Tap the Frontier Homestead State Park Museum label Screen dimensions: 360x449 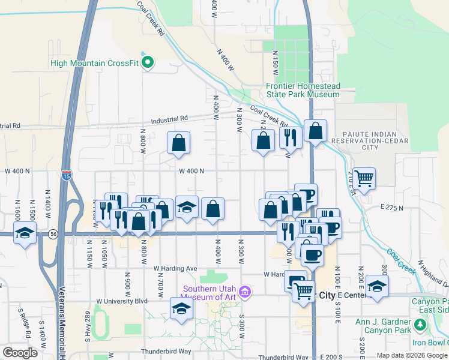(x=303, y=90)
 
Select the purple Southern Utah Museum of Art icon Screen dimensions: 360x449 (x=244, y=292)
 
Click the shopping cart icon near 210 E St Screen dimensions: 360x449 (x=364, y=177)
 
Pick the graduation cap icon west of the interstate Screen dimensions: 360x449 (x=25, y=233)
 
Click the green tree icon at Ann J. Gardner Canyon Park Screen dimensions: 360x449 (x=420, y=325)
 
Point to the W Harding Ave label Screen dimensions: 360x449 (x=175, y=268)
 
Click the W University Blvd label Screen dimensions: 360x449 (x=122, y=301)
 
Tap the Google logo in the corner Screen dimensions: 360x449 (x=20, y=353)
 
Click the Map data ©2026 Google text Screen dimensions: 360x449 (x=411, y=355)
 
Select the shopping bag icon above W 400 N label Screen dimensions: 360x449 (x=179, y=143)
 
